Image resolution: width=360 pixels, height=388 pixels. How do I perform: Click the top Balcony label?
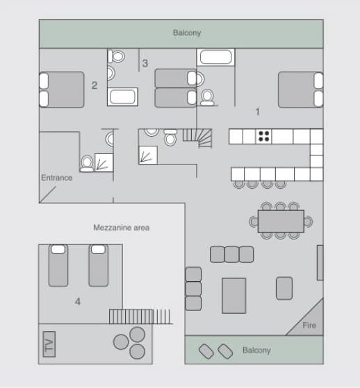point(187,33)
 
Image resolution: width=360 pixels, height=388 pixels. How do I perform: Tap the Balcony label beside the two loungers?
point(256,351)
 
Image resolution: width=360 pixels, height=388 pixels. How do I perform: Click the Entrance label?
point(56,178)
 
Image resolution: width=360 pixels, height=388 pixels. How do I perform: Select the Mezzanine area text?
point(121,228)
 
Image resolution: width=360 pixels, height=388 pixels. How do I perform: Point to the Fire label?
point(309,325)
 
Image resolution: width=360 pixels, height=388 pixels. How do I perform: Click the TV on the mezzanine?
point(49,344)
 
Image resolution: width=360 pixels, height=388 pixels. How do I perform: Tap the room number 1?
point(257,111)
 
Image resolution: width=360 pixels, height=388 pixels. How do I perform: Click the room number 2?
point(94,85)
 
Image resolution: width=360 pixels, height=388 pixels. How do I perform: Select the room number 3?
point(145,63)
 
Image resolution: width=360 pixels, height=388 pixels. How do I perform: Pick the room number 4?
point(78,301)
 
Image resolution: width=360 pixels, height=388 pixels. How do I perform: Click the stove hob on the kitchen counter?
point(263,136)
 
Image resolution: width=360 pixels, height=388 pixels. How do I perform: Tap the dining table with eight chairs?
point(280,221)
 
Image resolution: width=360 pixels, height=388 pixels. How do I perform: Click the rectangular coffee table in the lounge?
point(234,295)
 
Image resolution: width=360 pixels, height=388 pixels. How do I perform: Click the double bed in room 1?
point(300,90)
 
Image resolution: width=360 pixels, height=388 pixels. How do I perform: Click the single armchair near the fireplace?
point(284,287)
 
